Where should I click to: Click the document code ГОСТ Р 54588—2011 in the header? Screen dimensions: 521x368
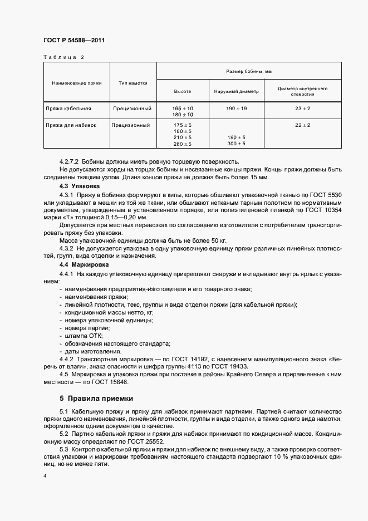73,41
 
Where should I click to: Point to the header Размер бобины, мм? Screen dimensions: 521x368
248,71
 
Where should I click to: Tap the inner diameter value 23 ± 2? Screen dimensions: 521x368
303,108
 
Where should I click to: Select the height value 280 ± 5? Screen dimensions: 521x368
183,144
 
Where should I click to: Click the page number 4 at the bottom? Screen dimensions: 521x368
45,476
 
